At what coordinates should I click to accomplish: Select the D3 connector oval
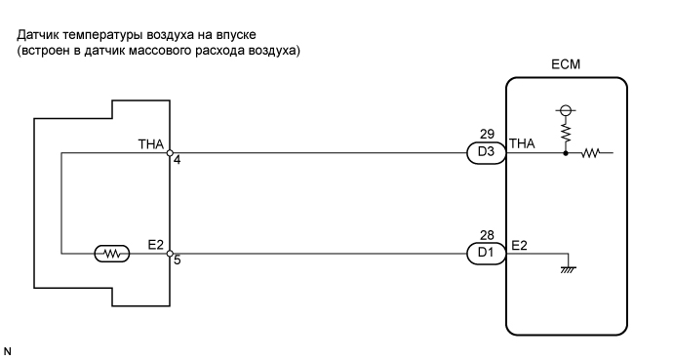486,153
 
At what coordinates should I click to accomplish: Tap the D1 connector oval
486,254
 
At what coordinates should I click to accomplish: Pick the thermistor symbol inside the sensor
114,254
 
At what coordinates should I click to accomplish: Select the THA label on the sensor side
151,143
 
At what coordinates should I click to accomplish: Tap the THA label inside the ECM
523,144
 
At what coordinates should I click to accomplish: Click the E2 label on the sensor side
155,244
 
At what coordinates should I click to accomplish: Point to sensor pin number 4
177,161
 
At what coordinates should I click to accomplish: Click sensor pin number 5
177,261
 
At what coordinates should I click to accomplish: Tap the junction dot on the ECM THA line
567,153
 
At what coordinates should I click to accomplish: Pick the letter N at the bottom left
8,346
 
